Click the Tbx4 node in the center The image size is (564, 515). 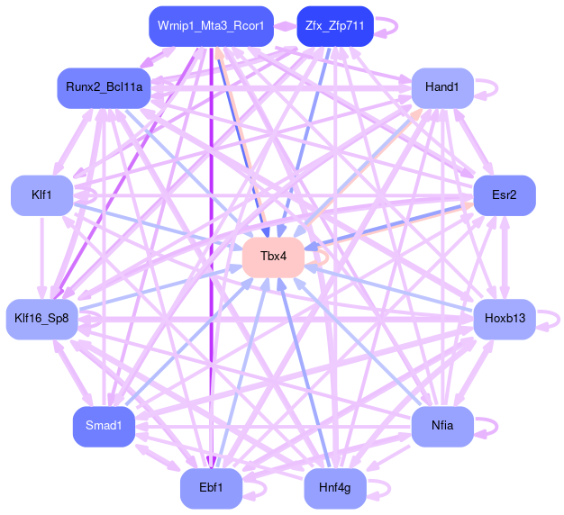click(x=273, y=257)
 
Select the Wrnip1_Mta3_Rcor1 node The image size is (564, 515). click(x=210, y=26)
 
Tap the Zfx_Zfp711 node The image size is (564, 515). click(x=333, y=26)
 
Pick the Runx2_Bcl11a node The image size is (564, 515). click(x=104, y=88)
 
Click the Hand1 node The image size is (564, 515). click(x=442, y=88)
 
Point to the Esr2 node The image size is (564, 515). click(x=505, y=195)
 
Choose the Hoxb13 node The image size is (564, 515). click(x=505, y=319)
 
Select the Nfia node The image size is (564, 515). click(x=442, y=426)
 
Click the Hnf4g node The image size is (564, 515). click(x=335, y=488)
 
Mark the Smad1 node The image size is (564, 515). click(x=104, y=426)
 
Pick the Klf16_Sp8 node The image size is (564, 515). click(x=42, y=319)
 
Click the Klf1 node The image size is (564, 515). click(x=41, y=195)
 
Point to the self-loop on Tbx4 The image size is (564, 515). click(x=317, y=257)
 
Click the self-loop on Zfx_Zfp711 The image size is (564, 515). click(x=387, y=26)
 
